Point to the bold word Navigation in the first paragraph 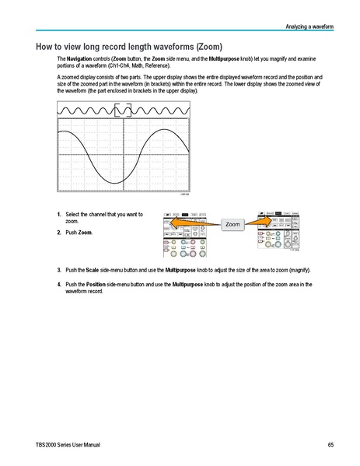point(81,59)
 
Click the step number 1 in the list point(59,214)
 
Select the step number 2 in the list point(59,233)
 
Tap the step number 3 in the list point(59,270)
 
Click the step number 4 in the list point(59,284)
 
